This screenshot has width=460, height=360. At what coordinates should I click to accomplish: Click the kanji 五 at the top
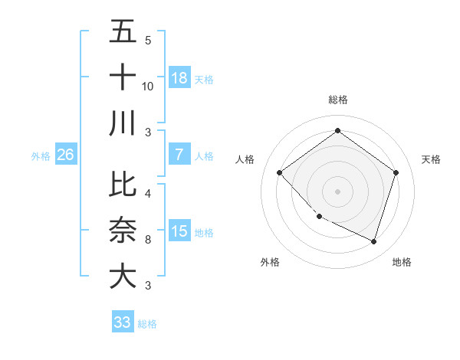[x=123, y=32]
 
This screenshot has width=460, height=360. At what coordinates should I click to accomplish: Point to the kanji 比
[x=123, y=185]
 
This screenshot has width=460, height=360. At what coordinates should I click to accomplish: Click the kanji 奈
[x=123, y=230]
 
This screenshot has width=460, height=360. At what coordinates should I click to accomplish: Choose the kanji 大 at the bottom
[x=123, y=275]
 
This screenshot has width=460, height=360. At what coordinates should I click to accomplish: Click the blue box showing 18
[x=179, y=77]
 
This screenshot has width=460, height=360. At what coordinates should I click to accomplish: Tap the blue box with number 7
[x=179, y=155]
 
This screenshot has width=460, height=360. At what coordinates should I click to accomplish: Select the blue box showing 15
[x=179, y=231]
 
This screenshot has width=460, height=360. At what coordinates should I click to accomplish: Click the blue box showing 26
[x=65, y=155]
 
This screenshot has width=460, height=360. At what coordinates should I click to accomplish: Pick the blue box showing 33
[x=123, y=322]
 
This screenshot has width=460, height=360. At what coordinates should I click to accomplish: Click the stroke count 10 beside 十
[x=148, y=87]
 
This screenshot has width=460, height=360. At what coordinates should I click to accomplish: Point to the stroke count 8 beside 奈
[x=148, y=240]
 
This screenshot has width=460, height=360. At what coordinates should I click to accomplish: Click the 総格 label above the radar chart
[x=337, y=100]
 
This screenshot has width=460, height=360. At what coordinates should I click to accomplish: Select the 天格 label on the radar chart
[x=431, y=159]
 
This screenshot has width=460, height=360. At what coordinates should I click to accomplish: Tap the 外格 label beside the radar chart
[x=270, y=262]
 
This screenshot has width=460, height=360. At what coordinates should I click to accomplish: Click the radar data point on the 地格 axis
[x=374, y=242]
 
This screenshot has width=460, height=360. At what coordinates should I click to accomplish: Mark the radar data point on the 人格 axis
[x=280, y=172]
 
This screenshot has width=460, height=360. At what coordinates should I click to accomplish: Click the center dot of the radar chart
[x=337, y=191]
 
